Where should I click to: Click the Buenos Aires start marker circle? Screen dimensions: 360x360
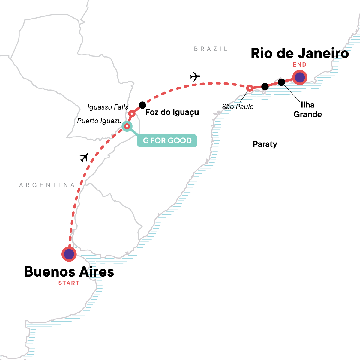click(x=69, y=254)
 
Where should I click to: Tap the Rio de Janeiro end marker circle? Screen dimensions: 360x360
click(x=300, y=78)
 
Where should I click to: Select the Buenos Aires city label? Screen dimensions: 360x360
click(x=69, y=272)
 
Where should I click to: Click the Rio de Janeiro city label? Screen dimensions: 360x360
click(x=300, y=53)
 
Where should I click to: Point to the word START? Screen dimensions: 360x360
click(x=69, y=283)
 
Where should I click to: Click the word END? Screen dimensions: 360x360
click(x=300, y=65)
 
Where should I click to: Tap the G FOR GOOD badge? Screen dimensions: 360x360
click(x=167, y=140)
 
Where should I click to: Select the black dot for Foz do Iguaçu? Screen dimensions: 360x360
click(x=142, y=105)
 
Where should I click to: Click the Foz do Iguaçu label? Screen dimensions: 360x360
click(x=172, y=112)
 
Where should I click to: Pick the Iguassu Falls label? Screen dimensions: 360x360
click(x=108, y=107)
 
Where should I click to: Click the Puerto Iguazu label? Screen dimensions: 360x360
click(x=99, y=121)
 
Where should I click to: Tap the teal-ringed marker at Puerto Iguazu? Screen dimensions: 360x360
click(x=127, y=126)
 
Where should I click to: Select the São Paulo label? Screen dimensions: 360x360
click(x=238, y=107)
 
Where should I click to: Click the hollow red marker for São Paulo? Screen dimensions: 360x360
click(x=249, y=88)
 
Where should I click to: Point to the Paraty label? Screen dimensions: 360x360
click(x=265, y=144)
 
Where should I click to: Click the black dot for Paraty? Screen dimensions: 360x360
click(x=265, y=87)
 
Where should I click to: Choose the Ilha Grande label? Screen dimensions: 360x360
click(x=307, y=109)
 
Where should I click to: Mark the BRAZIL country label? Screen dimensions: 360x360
click(x=211, y=49)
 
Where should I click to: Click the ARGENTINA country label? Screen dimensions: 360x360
click(x=47, y=185)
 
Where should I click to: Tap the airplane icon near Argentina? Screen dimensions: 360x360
click(x=85, y=157)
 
